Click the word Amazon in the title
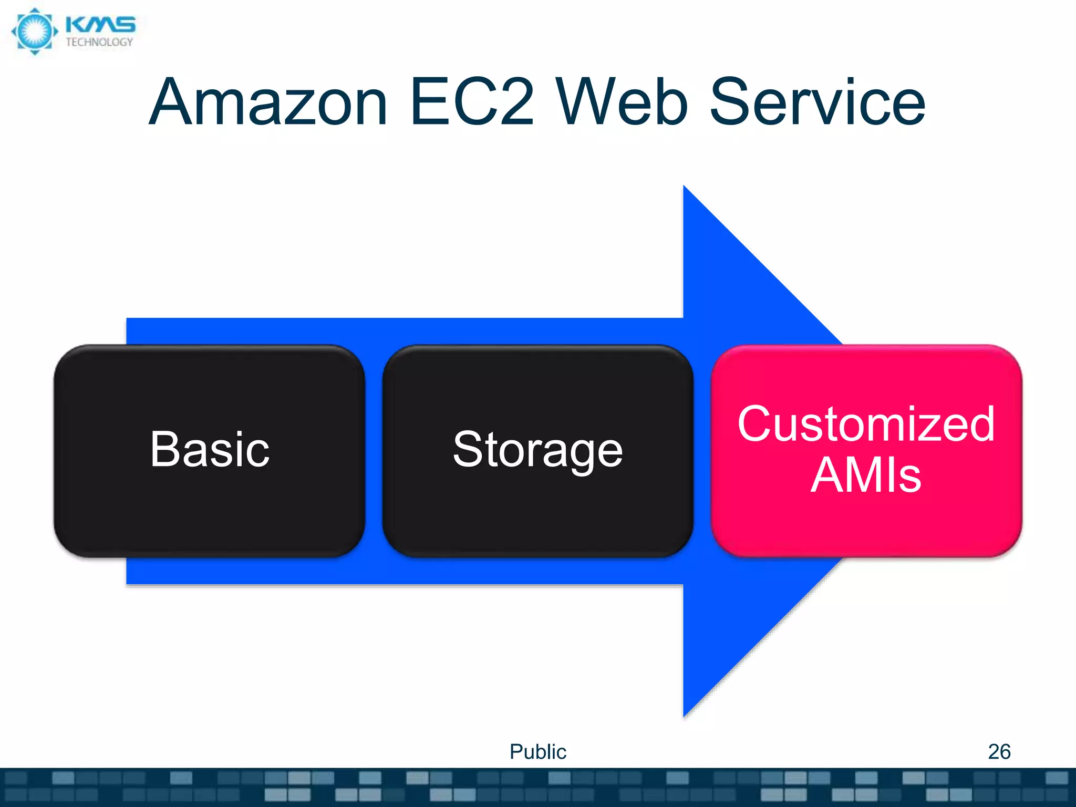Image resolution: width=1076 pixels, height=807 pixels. tap(268, 102)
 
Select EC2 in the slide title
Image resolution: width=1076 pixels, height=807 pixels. tap(472, 102)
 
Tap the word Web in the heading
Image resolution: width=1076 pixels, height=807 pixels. tap(622, 102)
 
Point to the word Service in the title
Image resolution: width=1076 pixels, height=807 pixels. tap(818, 102)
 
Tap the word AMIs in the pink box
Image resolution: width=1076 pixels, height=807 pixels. tap(866, 475)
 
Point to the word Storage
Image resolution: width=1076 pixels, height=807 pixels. tap(537, 450)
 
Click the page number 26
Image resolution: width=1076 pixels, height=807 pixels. tap(999, 752)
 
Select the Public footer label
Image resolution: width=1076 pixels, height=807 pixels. tap(537, 752)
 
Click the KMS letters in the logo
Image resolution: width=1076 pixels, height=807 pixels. tap(100, 25)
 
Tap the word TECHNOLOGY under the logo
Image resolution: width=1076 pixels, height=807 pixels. tap(99, 43)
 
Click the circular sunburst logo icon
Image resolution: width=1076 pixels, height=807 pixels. tap(35, 32)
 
